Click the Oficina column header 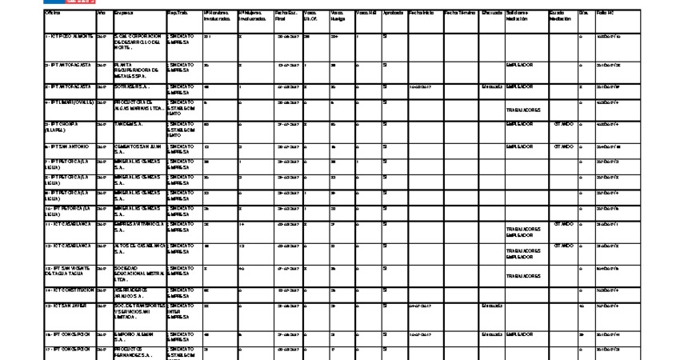tap(53, 14)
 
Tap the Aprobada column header tap(392, 14)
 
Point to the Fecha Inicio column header tap(421, 14)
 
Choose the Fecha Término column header tap(458, 14)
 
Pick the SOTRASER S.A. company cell tap(132, 86)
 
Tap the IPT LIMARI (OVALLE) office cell tap(70, 102)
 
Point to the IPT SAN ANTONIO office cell tap(68, 146)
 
